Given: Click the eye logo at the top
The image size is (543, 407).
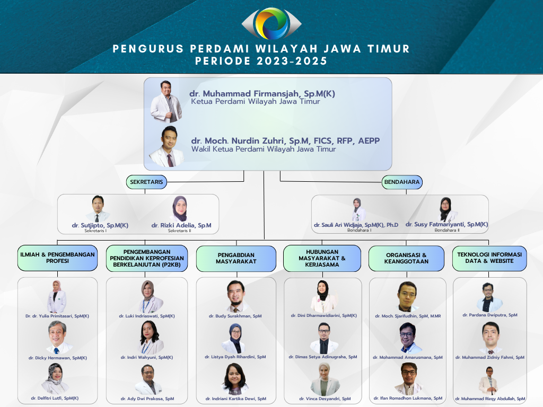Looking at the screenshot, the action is pyautogui.click(x=271, y=23).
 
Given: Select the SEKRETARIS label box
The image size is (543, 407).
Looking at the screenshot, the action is pyautogui.click(x=146, y=182).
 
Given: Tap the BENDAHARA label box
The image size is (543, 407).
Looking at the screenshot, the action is pyautogui.click(x=402, y=182).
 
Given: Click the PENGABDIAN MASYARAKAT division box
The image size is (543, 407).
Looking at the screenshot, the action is pyautogui.click(x=236, y=258).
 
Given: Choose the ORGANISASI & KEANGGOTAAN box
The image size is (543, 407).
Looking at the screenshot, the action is pyautogui.click(x=406, y=258).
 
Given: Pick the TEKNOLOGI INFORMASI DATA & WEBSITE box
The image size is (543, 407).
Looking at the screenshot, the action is pyautogui.click(x=489, y=258).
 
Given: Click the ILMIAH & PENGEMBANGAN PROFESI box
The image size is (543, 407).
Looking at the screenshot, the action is pyautogui.click(x=57, y=258).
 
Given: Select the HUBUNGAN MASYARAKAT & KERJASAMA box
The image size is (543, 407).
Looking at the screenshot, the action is pyautogui.click(x=322, y=258).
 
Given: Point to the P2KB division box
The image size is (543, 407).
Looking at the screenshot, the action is pyautogui.click(x=147, y=258).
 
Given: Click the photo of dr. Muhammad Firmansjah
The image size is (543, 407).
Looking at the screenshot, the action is pyautogui.click(x=166, y=102).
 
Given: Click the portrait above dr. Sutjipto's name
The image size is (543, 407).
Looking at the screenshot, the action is pyautogui.click(x=98, y=209).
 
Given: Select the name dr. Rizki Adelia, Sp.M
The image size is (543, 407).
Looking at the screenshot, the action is pyautogui.click(x=181, y=225).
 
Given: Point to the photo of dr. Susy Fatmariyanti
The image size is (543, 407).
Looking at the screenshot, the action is pyautogui.click(x=446, y=209).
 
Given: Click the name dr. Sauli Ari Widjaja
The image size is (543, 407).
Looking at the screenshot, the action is pyautogui.click(x=356, y=225).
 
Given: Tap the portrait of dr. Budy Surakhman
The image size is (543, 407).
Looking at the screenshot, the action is pyautogui.click(x=236, y=296).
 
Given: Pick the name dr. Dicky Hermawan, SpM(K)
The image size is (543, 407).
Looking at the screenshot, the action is pyautogui.click(x=57, y=358).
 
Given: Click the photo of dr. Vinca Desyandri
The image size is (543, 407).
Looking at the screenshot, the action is pyautogui.click(x=325, y=379).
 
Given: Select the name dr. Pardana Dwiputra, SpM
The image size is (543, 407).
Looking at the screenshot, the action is pyautogui.click(x=489, y=315).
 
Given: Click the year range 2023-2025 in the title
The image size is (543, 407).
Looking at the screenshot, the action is pyautogui.click(x=292, y=61).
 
